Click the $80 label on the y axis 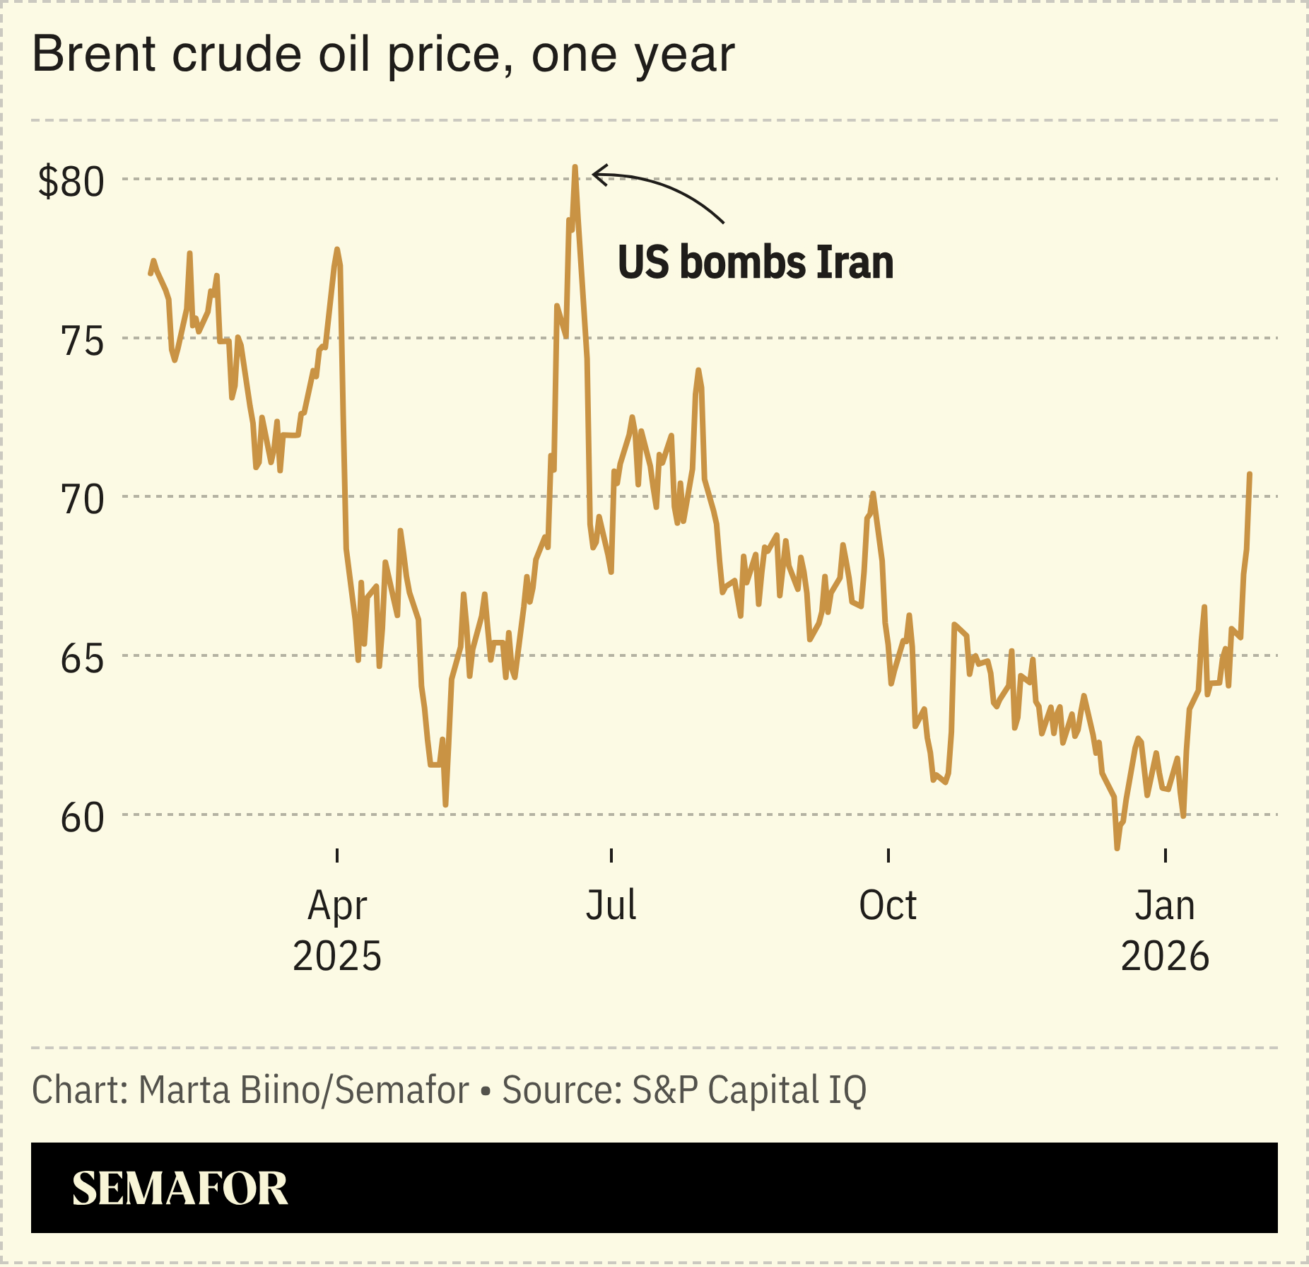(71, 182)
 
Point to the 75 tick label (83, 341)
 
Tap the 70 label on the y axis (83, 500)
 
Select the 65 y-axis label (83, 659)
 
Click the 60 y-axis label (83, 818)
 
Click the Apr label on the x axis (337, 906)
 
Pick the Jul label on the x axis (611, 905)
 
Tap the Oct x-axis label (888, 905)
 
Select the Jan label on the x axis (1165, 905)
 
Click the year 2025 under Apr (337, 957)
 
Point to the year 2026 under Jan (1165, 957)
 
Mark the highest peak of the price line (575, 168)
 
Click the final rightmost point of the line (1250, 474)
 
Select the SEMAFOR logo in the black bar (180, 1189)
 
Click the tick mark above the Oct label (888, 856)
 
